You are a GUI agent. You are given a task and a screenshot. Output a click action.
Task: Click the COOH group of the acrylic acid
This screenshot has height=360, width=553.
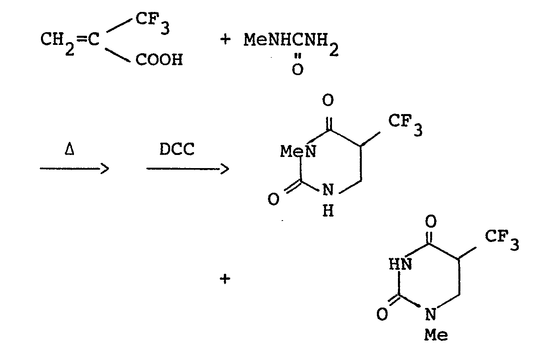pos(159,60)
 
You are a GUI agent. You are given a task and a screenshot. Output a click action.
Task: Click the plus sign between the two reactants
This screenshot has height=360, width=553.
pos(225,39)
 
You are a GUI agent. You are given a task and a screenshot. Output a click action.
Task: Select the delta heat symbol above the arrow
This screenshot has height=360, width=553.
pos(69,151)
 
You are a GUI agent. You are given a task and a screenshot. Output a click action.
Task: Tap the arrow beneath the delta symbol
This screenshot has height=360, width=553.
pos(74,169)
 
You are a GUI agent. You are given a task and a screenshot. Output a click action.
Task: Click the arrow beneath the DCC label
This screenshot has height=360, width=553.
pos(187,169)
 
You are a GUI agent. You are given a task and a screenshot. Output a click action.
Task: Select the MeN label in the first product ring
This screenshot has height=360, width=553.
pos(298,151)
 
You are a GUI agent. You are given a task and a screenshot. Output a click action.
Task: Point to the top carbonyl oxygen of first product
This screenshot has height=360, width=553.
pos(328,101)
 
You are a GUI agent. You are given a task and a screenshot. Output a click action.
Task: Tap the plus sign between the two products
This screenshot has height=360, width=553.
pos(225,279)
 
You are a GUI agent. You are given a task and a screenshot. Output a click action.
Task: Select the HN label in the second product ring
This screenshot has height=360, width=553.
pos(400,264)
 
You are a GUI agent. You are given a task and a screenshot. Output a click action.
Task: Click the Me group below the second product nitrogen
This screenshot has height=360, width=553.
pos(436,336)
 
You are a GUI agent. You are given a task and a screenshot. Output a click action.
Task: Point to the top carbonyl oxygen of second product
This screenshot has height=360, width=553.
pos(431,221)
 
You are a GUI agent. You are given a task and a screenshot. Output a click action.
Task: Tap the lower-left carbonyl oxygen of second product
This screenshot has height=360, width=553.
pos(382,315)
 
